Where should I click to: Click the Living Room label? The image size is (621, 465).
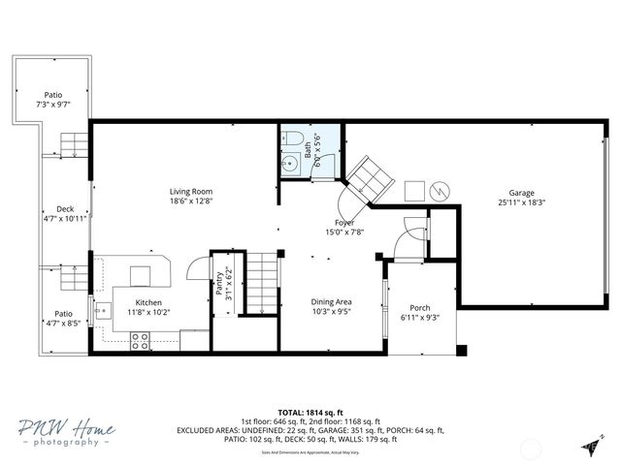pyautogui.click(x=190, y=192)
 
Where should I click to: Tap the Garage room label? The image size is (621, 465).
pyautogui.click(x=522, y=193)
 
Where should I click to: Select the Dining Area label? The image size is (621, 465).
pyautogui.click(x=331, y=301)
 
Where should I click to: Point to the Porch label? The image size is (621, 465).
pyautogui.click(x=420, y=308)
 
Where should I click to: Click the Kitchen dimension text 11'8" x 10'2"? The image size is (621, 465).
pyautogui.click(x=149, y=312)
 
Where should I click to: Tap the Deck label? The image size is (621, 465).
pyautogui.click(x=65, y=209)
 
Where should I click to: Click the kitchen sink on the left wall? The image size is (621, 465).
pyautogui.click(x=103, y=312)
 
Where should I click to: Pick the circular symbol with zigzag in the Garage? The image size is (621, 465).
pyautogui.click(x=441, y=190)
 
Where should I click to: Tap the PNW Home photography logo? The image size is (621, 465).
pyautogui.click(x=65, y=432)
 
